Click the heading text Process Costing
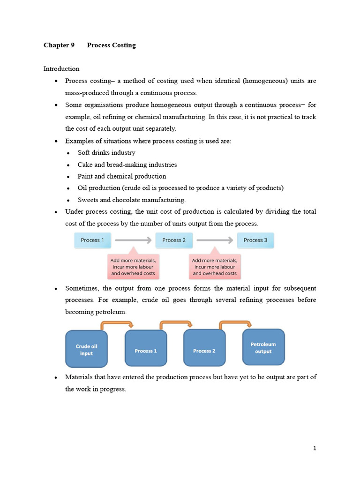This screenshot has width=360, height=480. pos(111,45)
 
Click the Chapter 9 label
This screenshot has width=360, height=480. pos(59,45)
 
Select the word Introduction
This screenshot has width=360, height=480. pos(61,69)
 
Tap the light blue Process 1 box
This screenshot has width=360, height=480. pos(92,240)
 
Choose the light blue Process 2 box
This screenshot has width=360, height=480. pos(174,240)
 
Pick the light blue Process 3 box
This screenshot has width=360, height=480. pos(255,240)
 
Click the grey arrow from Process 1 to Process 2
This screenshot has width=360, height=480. pos(133,240)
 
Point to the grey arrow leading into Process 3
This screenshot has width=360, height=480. pos(215,240)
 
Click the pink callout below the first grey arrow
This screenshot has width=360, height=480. pos(133,266)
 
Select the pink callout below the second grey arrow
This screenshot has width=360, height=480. pos(215,266)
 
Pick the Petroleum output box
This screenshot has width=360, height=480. pos(263,347)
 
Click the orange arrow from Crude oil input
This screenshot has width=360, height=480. pos(117,323)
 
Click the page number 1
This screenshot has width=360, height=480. pos(315,449)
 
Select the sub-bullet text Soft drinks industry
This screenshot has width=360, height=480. pos(106,153)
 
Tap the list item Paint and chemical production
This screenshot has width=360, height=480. pos(122,177)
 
